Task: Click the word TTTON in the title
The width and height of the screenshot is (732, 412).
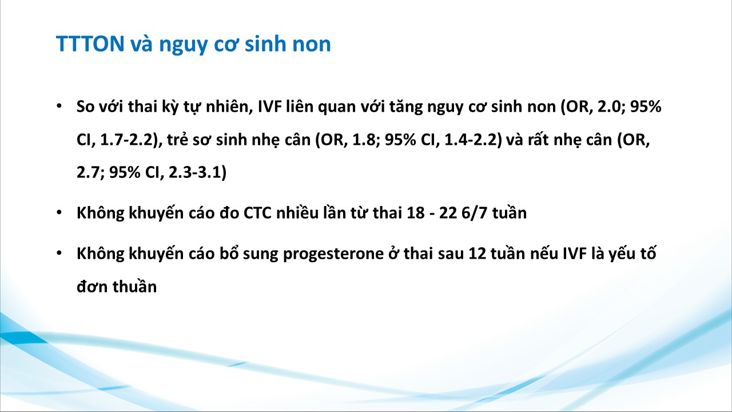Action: pyautogui.click(x=90, y=43)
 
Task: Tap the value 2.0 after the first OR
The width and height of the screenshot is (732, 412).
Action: pyautogui.click(x=609, y=106)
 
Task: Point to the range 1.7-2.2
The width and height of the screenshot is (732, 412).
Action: pyautogui.click(x=126, y=140)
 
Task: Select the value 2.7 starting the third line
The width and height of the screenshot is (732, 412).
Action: pyautogui.click(x=88, y=172)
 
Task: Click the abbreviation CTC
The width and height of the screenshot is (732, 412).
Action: pyautogui.click(x=257, y=213)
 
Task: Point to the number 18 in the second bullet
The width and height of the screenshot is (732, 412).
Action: pyautogui.click(x=415, y=213)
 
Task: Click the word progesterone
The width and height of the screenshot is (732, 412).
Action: pyautogui.click(x=333, y=254)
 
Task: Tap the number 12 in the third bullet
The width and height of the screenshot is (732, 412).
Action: pyautogui.click(x=477, y=253)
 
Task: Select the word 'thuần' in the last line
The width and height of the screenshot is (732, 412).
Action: pyautogui.click(x=134, y=287)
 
